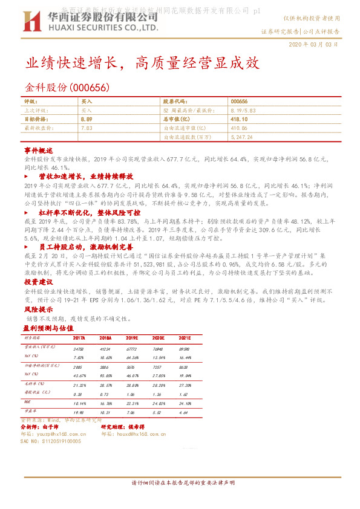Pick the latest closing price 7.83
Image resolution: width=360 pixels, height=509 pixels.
coord(86,128)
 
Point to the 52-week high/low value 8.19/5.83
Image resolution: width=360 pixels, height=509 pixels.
coord(243,111)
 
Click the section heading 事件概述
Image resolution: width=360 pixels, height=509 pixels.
coord(39,149)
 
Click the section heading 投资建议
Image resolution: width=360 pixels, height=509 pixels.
coord(39,282)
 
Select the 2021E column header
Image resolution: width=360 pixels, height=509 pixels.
coord(185,337)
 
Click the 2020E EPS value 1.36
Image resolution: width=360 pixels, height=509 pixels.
coord(159,393)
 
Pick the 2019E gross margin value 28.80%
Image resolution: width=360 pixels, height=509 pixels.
coord(133,384)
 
